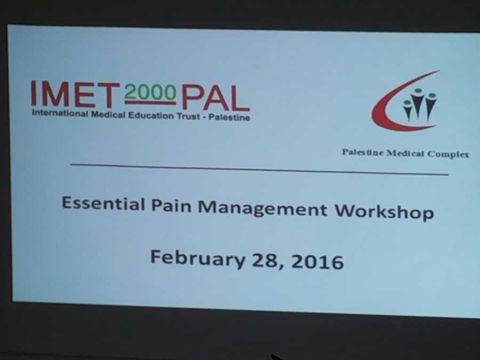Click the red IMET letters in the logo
pyautogui.click(x=75, y=94)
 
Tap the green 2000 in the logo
pyautogui.click(x=150, y=92)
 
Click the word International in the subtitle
pyautogui.click(x=60, y=113)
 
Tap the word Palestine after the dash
pyautogui.click(x=229, y=117)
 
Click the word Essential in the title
pyautogui.click(x=103, y=204)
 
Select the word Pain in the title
pyautogui.click(x=171, y=205)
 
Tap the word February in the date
pyautogui.click(x=198, y=259)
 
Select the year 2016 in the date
pyautogui.click(x=317, y=262)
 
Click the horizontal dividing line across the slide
pyautogui.click(x=260, y=169)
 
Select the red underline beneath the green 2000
pyautogui.click(x=150, y=103)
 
